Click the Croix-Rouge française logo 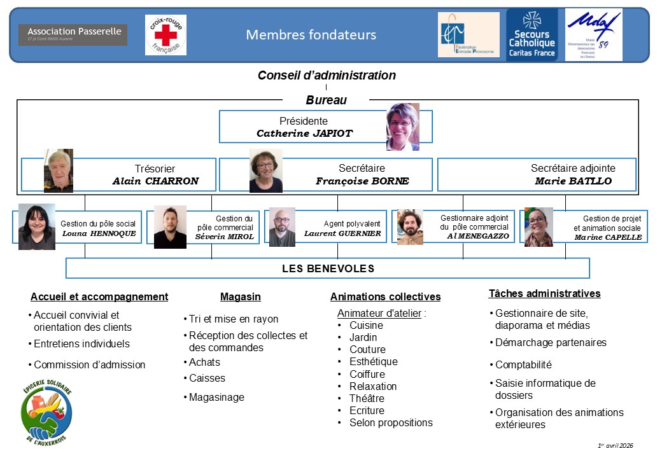click(x=165, y=35)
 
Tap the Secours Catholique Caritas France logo click(x=532, y=35)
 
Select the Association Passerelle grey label click(x=73, y=34)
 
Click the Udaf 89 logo click(x=594, y=35)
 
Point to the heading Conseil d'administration click(x=327, y=75)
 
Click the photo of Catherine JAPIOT click(x=403, y=127)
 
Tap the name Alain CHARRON click(x=155, y=181)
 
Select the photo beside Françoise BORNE click(x=266, y=170)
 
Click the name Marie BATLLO click(x=573, y=181)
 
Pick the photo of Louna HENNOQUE click(x=37, y=226)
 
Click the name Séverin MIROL click(x=224, y=237)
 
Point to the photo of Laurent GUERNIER click(x=282, y=227)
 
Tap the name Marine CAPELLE click(x=608, y=237)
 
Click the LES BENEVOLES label click(x=328, y=268)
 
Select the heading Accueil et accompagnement click(x=99, y=296)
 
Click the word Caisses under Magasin click(x=207, y=378)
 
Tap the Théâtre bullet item click(x=367, y=398)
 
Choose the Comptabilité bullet click(x=523, y=365)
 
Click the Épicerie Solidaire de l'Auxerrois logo click(x=46, y=414)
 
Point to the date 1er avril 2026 click(x=616, y=445)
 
